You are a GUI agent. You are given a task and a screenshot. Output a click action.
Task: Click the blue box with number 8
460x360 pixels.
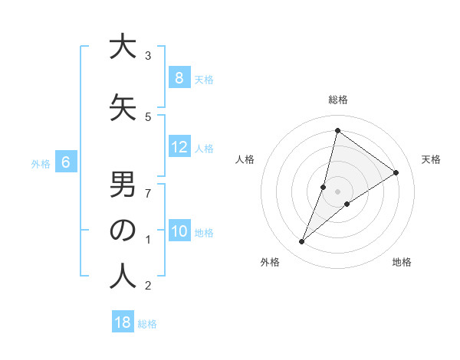179,78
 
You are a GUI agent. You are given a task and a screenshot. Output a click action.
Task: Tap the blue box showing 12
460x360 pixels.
179,147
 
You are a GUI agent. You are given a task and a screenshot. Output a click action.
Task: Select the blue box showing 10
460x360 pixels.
179,231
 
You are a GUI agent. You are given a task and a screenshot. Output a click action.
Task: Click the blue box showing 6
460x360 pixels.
67,162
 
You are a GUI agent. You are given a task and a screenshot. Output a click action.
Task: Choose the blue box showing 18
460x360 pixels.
123,322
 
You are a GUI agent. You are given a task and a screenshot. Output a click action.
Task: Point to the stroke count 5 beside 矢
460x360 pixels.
148,117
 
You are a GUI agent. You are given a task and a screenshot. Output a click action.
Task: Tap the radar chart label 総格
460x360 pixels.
338,100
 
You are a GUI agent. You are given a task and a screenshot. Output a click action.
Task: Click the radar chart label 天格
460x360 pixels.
432,159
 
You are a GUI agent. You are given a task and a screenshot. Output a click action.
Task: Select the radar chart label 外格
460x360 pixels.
269,262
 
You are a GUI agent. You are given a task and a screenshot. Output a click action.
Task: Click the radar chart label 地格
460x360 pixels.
402,262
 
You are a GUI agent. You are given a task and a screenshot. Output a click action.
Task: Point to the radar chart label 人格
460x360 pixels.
245,159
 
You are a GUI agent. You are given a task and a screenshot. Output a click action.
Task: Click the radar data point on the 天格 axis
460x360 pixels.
396,173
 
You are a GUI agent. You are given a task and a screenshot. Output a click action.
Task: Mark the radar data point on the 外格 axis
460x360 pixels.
301,242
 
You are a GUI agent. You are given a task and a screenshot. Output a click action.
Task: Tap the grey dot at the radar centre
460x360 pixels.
337,191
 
